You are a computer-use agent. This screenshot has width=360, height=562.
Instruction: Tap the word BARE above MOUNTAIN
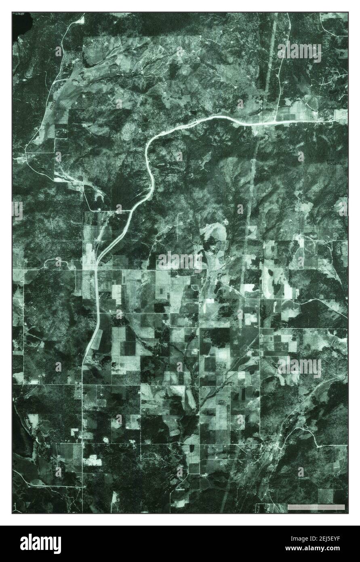pos(331,159)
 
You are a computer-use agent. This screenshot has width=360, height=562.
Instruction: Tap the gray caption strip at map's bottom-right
pos(316,507)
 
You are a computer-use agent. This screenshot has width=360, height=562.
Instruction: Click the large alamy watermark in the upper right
pos(299,51)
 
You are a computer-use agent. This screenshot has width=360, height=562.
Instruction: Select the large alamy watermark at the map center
pos(180,261)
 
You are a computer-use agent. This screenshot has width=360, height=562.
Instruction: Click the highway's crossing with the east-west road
pos(95,268)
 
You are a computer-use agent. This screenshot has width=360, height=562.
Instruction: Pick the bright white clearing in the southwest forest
pos(92,460)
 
